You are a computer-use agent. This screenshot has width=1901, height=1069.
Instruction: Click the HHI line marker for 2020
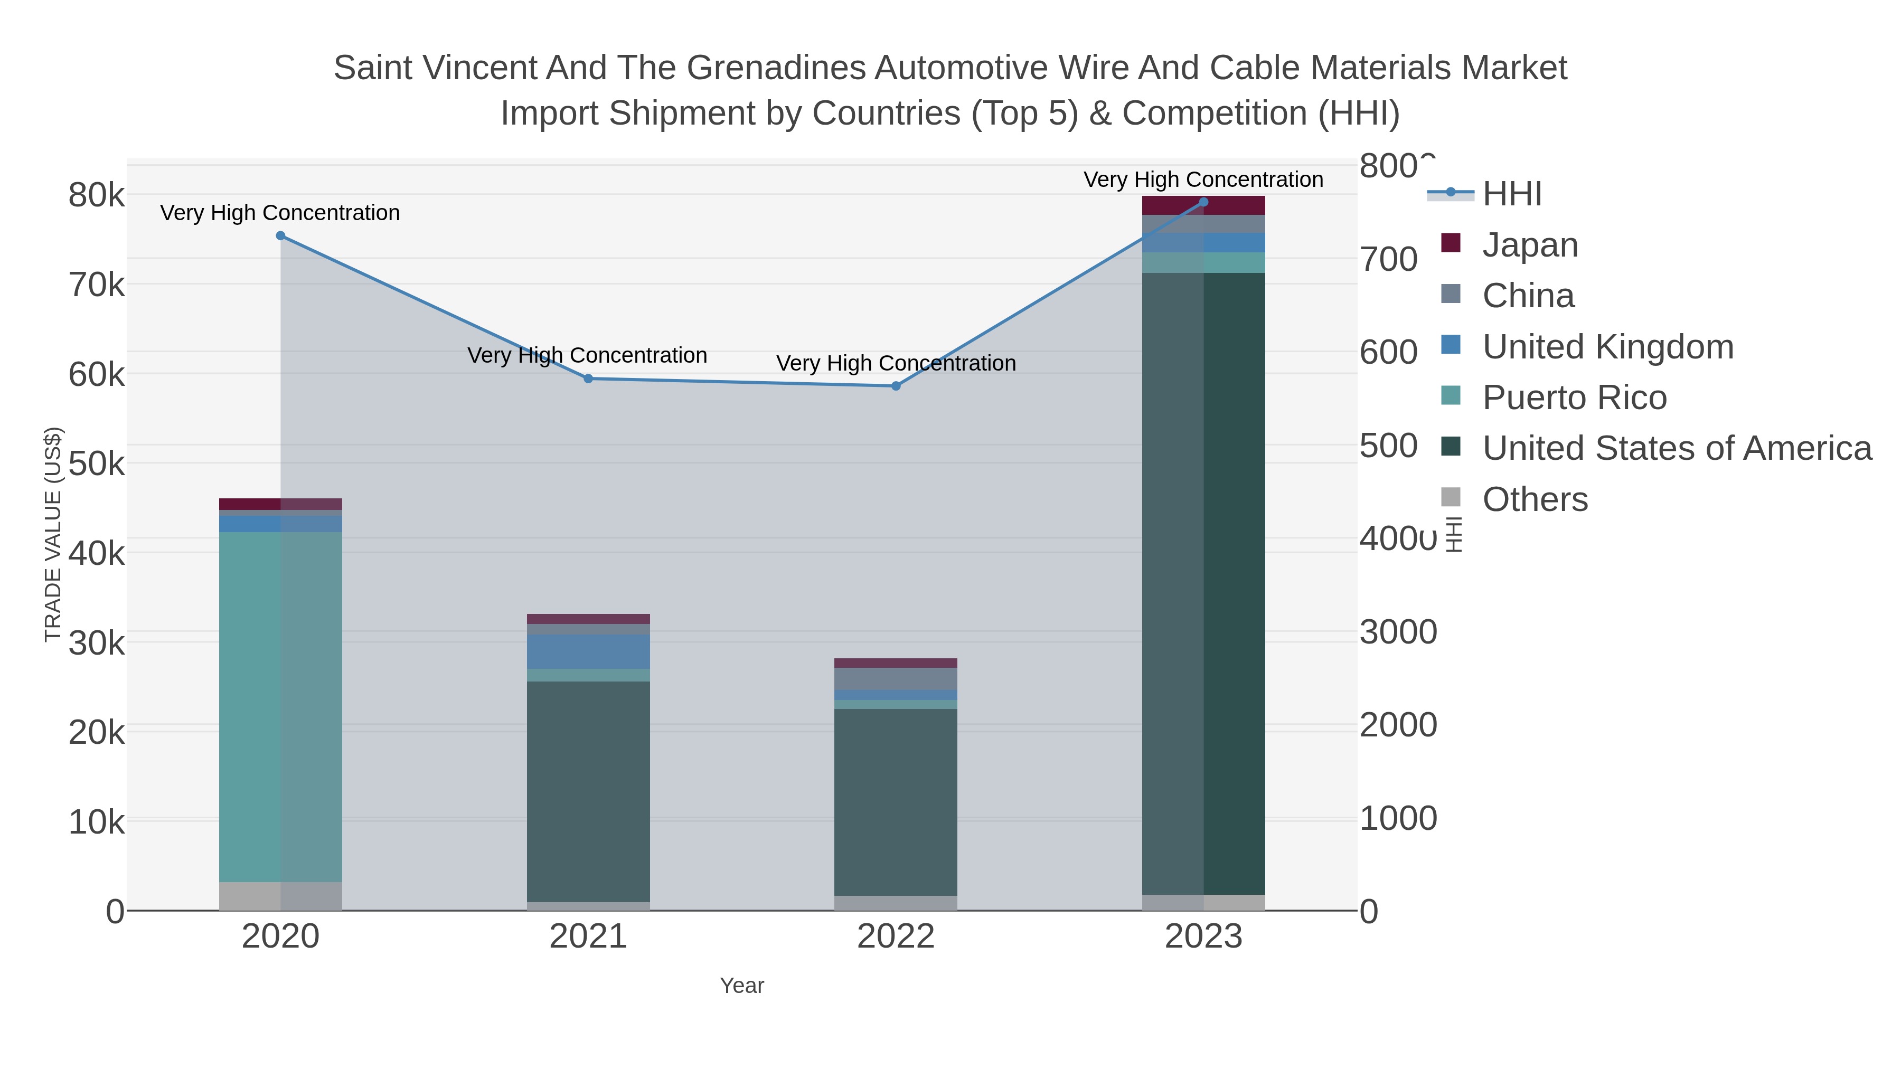coord(280,236)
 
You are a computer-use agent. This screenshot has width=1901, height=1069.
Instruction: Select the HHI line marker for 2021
coord(588,379)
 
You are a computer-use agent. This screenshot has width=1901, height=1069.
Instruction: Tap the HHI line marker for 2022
coord(896,386)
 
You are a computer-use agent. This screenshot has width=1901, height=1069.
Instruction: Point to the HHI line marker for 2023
coord(1203,202)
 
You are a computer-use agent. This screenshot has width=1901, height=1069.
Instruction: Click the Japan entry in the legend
coord(1530,245)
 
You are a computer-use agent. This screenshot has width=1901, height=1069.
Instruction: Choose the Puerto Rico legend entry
coord(1574,398)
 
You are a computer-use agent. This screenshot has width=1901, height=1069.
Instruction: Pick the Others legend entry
coord(1535,499)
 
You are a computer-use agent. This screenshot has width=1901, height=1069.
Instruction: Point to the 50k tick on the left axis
coord(97,464)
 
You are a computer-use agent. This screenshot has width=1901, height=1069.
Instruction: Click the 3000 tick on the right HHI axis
coord(1398,632)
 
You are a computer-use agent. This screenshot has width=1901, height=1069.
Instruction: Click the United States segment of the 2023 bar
coord(1203,583)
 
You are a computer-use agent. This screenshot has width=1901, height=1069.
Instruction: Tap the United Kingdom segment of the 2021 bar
coord(588,651)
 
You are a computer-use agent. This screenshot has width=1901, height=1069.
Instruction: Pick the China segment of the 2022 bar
coord(896,679)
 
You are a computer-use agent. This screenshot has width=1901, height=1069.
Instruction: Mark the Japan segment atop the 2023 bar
coord(1203,205)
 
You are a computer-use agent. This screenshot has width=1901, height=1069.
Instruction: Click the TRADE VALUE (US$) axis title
coord(53,534)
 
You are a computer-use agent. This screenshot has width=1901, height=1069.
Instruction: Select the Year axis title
coord(742,986)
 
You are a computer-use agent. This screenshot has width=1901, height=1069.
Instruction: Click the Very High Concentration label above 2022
coord(896,363)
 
